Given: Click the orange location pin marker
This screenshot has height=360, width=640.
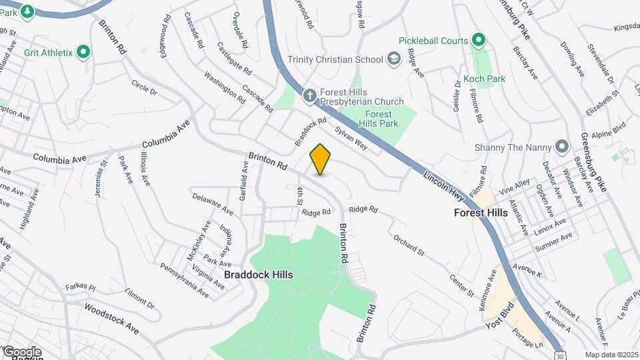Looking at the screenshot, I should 321,159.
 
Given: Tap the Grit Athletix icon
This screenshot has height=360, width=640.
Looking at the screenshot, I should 83,51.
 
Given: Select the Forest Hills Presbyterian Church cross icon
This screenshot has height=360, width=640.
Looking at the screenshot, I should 309,96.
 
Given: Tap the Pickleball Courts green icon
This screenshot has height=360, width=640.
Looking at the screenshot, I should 477,41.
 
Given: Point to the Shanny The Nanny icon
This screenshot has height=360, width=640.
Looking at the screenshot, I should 562,147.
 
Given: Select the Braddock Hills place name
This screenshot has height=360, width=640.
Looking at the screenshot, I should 258,274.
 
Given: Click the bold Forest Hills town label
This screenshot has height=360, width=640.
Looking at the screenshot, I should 480,213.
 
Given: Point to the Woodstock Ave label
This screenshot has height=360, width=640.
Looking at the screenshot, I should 111,319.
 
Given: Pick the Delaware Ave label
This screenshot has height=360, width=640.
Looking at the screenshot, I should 212,205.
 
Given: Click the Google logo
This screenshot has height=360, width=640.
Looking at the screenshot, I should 21,351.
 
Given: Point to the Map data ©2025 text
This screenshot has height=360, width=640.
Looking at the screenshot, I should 611,355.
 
